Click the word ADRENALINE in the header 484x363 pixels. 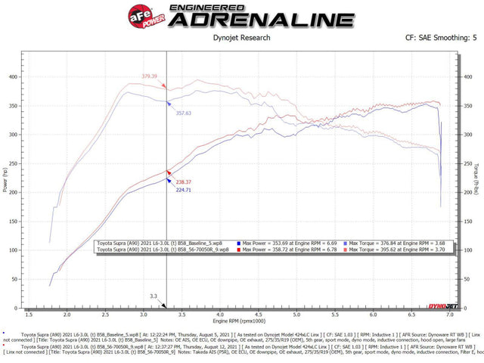250,20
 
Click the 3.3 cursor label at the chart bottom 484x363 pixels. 154,296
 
